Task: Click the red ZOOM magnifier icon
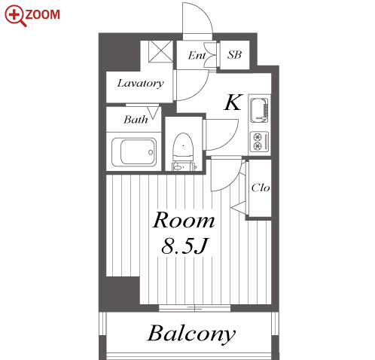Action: pyautogui.click(x=15, y=16)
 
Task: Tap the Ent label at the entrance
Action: pyautogui.click(x=197, y=55)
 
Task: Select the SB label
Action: pyautogui.click(x=234, y=55)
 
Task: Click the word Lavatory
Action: pyautogui.click(x=140, y=83)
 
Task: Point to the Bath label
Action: pyautogui.click(x=136, y=120)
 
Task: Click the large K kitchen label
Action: pyautogui.click(x=233, y=102)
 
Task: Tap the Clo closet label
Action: pyautogui.click(x=261, y=188)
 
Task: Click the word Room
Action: pyautogui.click(x=184, y=220)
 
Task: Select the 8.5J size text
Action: pyautogui.click(x=184, y=246)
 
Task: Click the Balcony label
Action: pyautogui.click(x=191, y=334)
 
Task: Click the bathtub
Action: pyautogui.click(x=134, y=152)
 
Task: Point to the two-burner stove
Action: pyautogui.click(x=260, y=142)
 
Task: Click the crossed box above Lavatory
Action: pyautogui.click(x=160, y=51)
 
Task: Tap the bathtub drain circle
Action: pyautogui.click(x=151, y=152)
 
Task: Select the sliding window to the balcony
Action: pyautogui.click(x=194, y=308)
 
